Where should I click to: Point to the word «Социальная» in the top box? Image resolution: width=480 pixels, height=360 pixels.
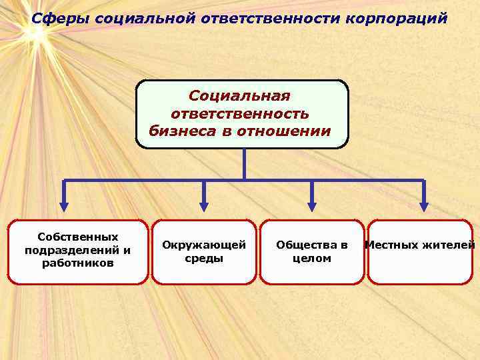click(x=239, y=97)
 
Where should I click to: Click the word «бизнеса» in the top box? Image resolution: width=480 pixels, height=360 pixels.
click(x=181, y=131)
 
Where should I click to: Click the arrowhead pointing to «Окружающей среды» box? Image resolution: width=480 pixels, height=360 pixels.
click(x=204, y=207)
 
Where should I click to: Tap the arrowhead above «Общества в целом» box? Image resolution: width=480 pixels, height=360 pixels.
click(x=311, y=207)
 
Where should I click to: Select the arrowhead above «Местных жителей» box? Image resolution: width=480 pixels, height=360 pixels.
click(x=423, y=207)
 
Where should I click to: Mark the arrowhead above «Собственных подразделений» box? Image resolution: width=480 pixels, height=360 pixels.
click(x=64, y=207)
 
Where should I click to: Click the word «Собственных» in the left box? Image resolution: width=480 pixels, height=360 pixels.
click(x=78, y=237)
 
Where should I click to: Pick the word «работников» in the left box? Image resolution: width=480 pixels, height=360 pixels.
click(x=78, y=263)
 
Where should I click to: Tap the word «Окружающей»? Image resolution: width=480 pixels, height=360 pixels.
click(x=204, y=245)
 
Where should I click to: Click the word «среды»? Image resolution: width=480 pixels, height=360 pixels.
click(x=204, y=259)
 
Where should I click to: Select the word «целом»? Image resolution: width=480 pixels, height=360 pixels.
click(x=312, y=259)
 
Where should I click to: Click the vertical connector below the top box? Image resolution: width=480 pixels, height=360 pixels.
click(x=244, y=163)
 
